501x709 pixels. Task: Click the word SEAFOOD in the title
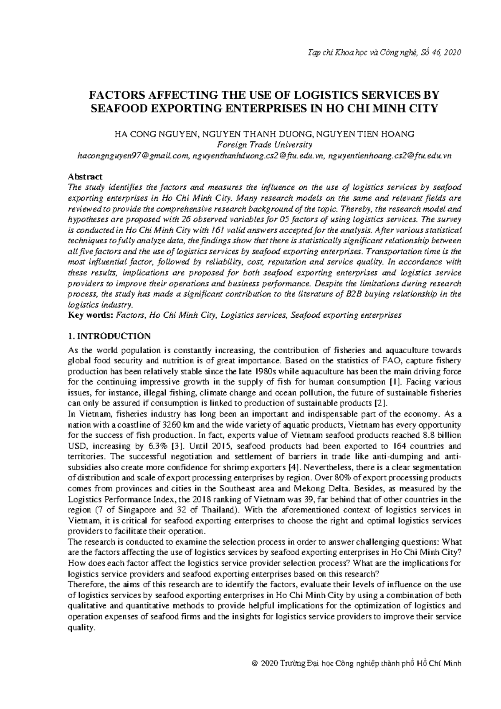click(118, 109)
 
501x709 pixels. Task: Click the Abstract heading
click(85, 177)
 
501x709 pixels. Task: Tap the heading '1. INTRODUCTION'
click(109, 337)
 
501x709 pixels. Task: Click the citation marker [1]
click(394, 382)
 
